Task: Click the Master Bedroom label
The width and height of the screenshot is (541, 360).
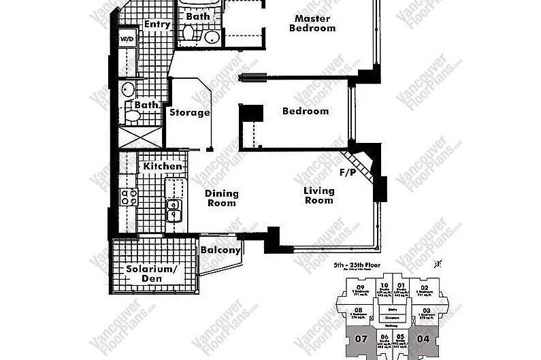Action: [312, 23]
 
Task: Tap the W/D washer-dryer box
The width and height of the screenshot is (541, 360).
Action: [127, 39]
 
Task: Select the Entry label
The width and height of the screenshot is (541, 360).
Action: [157, 24]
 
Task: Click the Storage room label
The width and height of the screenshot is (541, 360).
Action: [189, 112]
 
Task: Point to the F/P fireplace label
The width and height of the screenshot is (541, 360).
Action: [348, 173]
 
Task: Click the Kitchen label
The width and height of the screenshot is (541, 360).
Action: [162, 166]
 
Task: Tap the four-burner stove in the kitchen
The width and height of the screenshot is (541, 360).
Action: [129, 197]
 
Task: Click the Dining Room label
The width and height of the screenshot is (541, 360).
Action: [221, 198]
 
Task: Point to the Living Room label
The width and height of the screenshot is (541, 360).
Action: [318, 195]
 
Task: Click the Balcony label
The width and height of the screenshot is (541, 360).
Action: [220, 250]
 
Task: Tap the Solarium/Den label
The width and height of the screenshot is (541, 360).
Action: [152, 273]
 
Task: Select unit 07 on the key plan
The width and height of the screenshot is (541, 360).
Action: [361, 338]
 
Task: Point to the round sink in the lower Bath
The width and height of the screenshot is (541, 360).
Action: [128, 88]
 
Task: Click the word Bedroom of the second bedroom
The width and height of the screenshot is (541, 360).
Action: [306, 111]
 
